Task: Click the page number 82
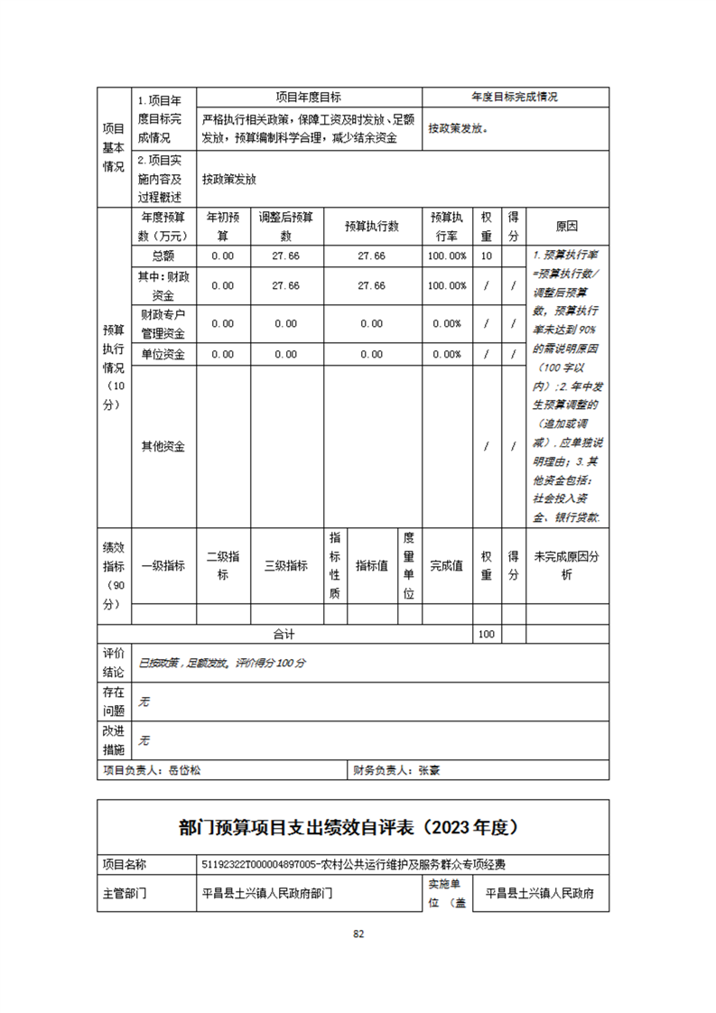pos(358,934)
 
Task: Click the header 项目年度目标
pos(308,98)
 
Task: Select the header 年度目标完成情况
pos(515,98)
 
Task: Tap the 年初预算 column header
pos(223,227)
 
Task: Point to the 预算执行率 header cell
pos(447,227)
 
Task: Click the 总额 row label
pos(163,256)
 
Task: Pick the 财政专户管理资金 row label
pos(163,322)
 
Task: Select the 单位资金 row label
pos(163,354)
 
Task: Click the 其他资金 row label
pos(163,446)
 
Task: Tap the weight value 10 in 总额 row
pos(486,256)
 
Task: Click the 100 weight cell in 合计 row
pos(486,634)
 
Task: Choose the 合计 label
pos(284,634)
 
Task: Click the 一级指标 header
pos(163,566)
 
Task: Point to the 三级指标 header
pos(285,566)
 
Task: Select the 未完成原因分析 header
pos(566,566)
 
